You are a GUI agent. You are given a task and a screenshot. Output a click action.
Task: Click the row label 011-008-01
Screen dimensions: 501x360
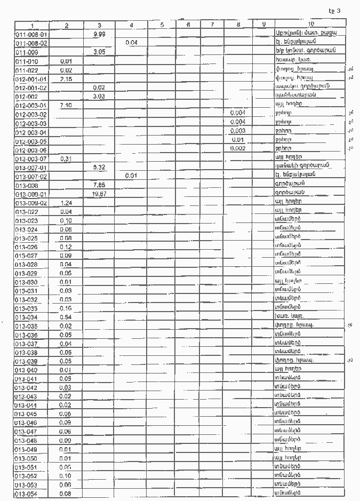[31, 34]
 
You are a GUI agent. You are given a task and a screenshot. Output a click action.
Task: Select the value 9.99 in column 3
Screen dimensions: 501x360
[99, 34]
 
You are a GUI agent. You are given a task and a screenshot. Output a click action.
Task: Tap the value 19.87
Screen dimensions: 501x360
[99, 194]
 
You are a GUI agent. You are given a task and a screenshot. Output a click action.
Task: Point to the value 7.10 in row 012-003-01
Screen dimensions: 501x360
[67, 106]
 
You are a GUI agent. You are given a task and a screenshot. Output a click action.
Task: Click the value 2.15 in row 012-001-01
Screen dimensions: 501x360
[67, 79]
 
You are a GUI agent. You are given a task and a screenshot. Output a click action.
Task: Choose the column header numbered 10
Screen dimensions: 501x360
[311, 25]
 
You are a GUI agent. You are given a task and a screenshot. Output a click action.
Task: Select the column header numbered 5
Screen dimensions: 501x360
[163, 25]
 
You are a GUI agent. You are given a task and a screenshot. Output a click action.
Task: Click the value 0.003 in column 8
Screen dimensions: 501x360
[238, 131]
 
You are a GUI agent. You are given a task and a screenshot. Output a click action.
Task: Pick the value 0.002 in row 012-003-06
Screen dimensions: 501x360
[238, 149]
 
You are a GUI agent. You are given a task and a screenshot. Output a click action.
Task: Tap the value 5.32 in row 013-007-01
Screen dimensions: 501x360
[99, 168]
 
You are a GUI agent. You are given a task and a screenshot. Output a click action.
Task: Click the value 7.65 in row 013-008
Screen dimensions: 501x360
[99, 185]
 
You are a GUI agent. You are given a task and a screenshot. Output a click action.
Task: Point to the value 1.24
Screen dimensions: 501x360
[67, 203]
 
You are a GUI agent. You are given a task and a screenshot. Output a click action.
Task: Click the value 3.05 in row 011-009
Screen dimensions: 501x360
[99, 52]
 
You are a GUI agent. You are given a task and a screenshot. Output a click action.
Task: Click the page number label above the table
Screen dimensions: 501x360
[334, 10]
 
